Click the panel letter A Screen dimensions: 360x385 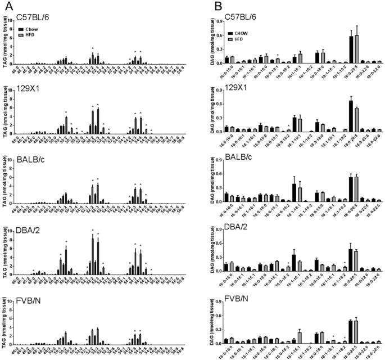pos(6,6)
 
